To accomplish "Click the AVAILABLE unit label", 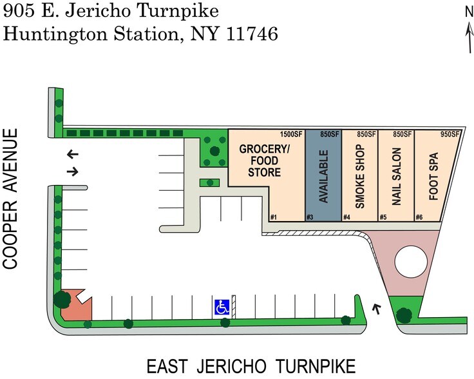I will coord(324,176).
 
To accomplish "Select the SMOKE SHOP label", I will coord(360,176).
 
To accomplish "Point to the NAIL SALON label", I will coord(396,176).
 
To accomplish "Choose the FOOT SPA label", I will coord(433,176).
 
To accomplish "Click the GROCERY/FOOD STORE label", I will coord(260,160).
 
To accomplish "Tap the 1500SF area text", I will coord(291,134).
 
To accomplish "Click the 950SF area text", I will coord(450,134).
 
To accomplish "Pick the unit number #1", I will coord(274,217).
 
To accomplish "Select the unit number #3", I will coord(310,217).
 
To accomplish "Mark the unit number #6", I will coord(420,217).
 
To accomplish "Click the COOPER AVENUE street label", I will coord(10,199).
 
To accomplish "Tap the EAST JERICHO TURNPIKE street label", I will coord(251,367).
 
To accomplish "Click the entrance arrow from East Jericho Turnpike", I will coord(377,309).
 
